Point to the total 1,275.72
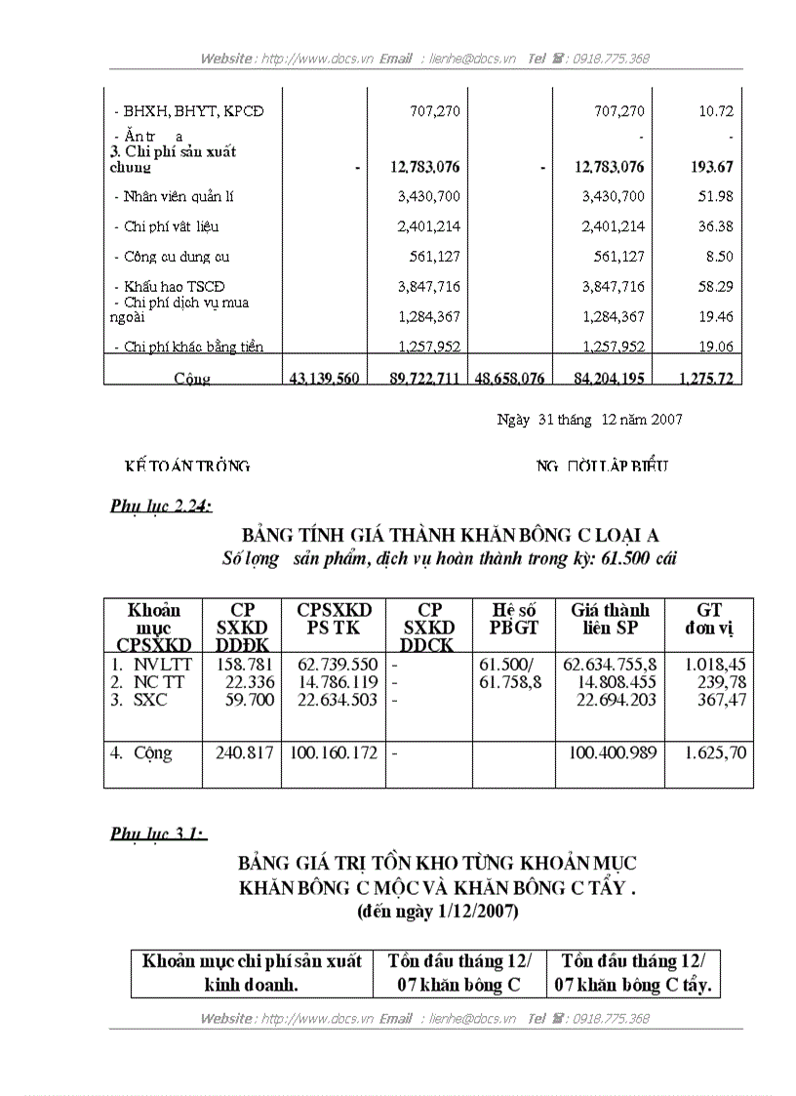click(x=698, y=378)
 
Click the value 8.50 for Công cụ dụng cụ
click(x=718, y=257)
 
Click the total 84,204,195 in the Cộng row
click(x=598, y=378)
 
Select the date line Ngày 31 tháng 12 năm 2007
click(x=589, y=419)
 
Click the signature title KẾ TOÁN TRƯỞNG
click(x=187, y=467)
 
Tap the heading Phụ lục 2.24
click(x=161, y=505)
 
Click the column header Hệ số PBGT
click(x=514, y=619)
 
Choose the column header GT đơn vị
click(x=709, y=619)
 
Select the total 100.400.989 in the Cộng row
click(x=612, y=752)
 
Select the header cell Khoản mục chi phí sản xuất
click(x=252, y=960)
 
